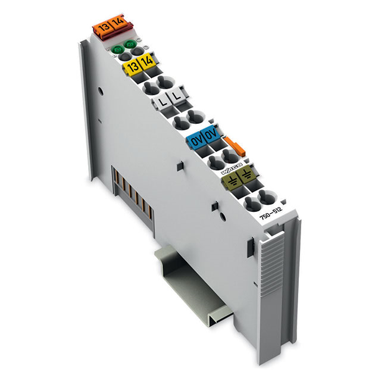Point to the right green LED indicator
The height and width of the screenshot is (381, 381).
tap(128, 45)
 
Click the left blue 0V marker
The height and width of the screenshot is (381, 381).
tap(197, 142)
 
